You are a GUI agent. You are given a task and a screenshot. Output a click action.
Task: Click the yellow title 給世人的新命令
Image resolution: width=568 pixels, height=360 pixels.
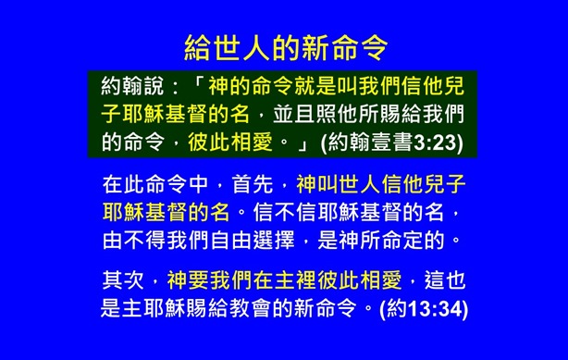[x=284, y=46]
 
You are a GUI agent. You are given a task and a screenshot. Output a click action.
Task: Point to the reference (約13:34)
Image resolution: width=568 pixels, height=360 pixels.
[x=427, y=306]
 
